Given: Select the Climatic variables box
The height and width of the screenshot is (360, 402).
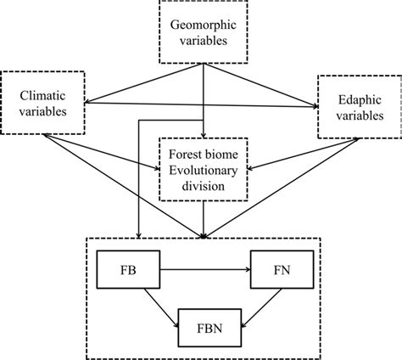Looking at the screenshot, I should point(44,103).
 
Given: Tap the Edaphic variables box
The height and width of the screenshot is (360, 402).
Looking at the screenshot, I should point(355,105).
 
